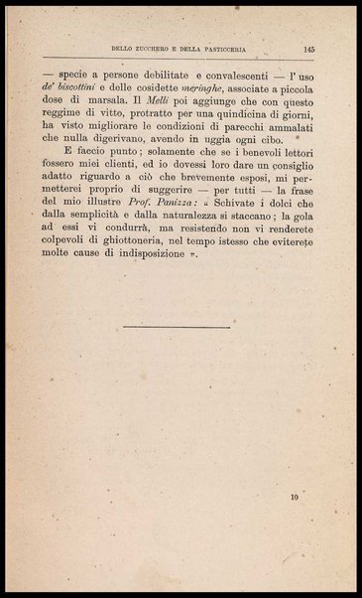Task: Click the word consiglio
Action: pos(285,180)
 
